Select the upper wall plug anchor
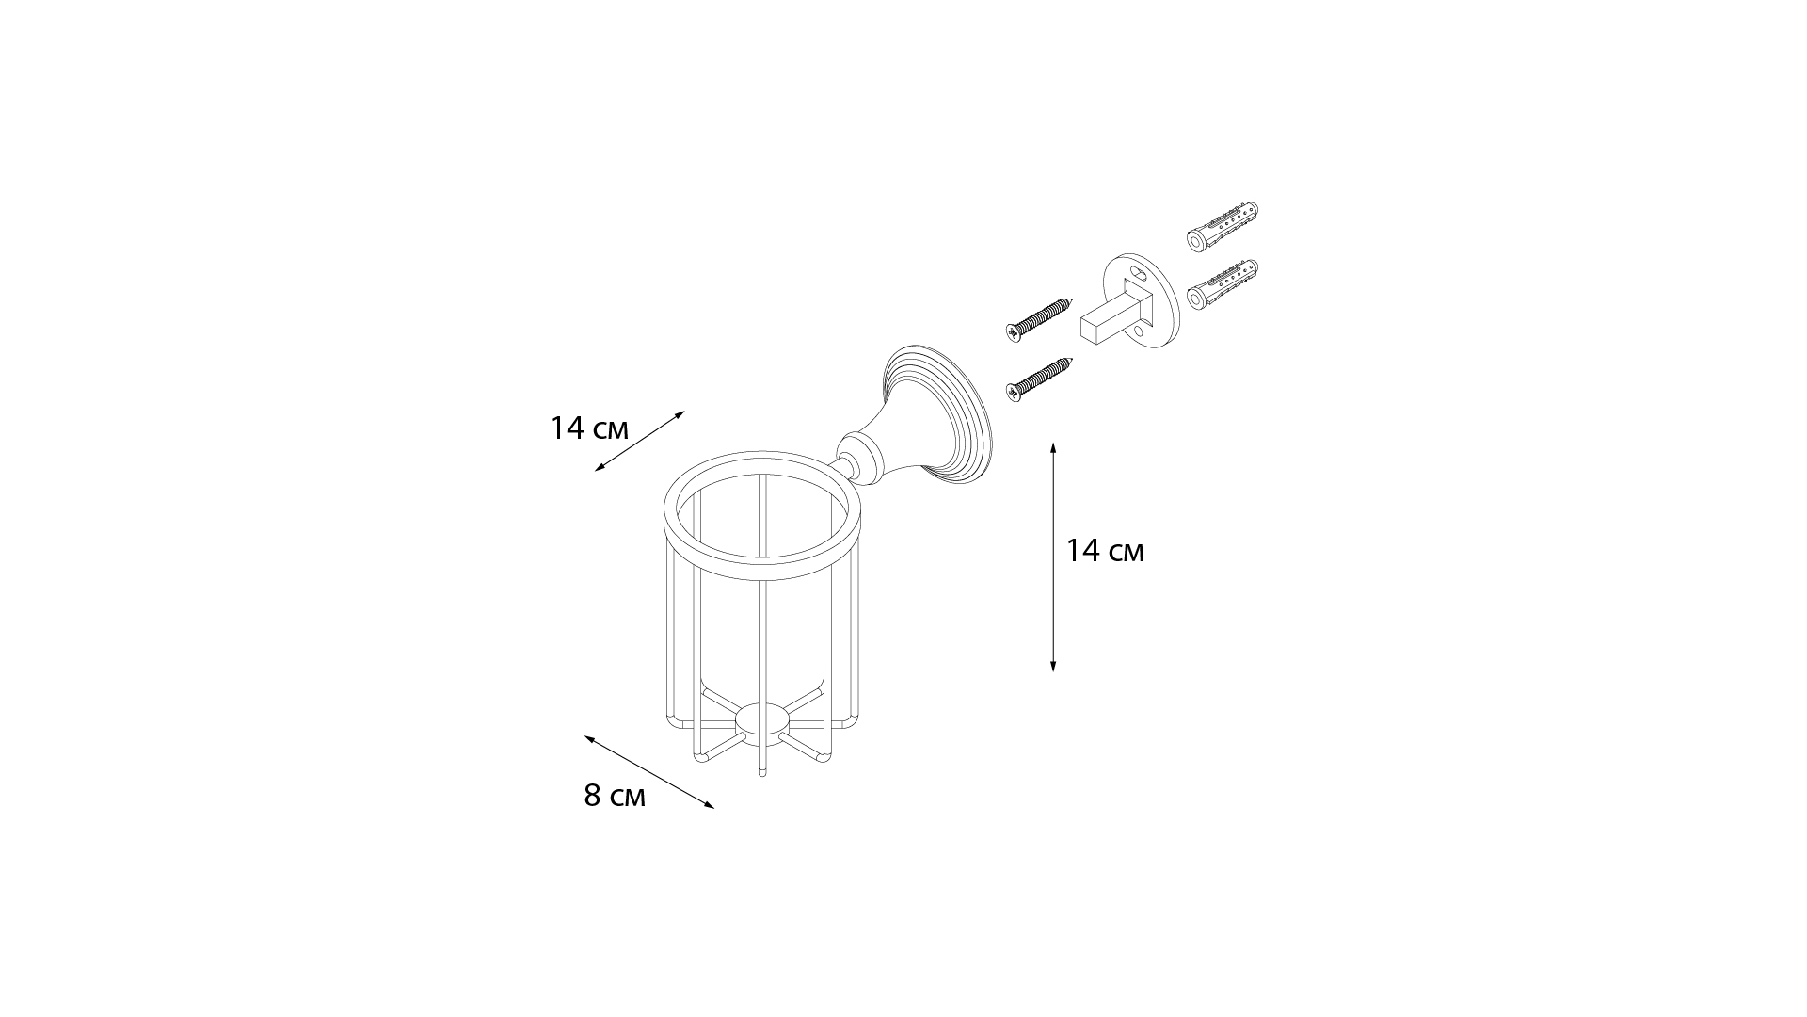coord(1222,228)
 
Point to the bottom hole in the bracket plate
coord(1140,331)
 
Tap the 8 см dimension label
coord(615,797)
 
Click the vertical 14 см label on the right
coord(1105,551)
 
